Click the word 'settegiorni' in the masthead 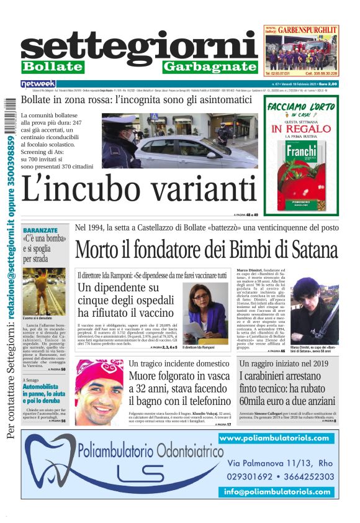pos(139,47)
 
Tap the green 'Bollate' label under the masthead pos(52,66)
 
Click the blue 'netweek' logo pos(38,83)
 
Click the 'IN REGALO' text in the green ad pos(302,130)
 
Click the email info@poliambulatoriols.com pos(278,491)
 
